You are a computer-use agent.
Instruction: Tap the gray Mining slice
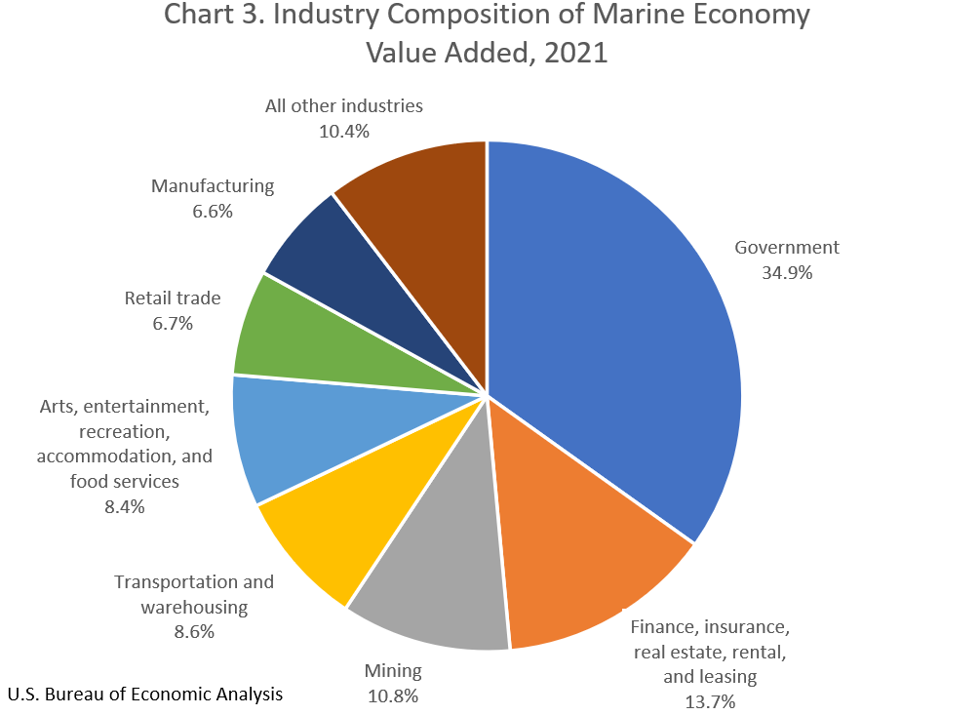(439, 585)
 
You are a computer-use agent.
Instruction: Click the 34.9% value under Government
(787, 272)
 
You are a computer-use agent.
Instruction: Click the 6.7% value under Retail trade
(172, 323)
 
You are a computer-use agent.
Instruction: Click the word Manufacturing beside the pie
(213, 185)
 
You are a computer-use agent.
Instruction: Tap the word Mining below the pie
(393, 671)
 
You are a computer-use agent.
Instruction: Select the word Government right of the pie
(787, 247)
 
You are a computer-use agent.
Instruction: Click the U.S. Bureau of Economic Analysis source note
(145, 695)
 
